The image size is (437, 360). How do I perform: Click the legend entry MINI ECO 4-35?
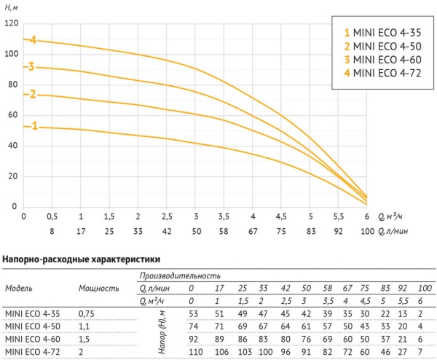(379, 33)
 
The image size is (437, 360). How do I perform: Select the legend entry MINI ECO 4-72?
(379, 73)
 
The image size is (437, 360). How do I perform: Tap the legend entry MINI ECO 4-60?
(379, 60)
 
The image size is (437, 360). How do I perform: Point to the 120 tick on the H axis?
(10, 23)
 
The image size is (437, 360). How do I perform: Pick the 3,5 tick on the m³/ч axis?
(224, 217)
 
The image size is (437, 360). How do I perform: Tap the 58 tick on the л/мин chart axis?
(224, 232)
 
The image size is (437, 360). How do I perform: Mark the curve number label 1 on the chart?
(34, 126)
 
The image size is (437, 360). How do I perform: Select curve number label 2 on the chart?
(32, 94)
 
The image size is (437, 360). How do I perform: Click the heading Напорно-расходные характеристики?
(82, 259)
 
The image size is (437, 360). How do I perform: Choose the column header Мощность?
(98, 288)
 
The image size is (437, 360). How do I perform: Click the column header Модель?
(19, 288)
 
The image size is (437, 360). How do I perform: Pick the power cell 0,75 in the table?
(87, 314)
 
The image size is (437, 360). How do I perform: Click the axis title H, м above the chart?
(13, 7)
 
